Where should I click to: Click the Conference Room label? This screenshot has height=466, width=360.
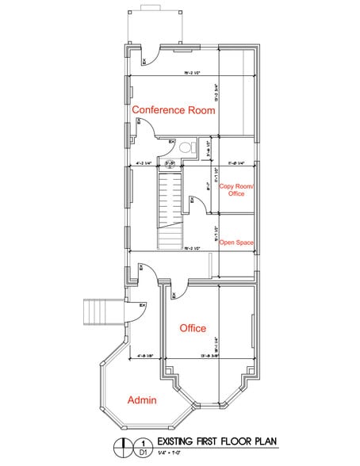(x=173, y=110)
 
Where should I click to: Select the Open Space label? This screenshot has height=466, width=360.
(x=236, y=242)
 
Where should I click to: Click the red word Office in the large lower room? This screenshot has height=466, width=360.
(x=193, y=328)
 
